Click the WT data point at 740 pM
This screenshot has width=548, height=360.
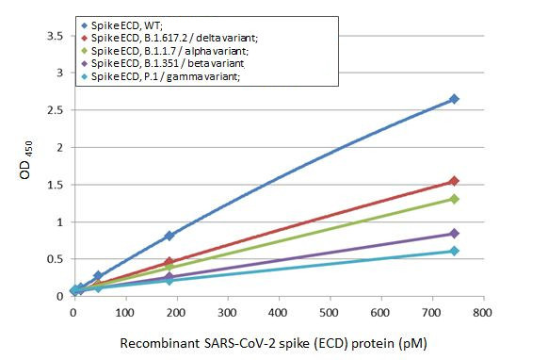click(x=454, y=99)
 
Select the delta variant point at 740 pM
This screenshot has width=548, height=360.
click(x=454, y=181)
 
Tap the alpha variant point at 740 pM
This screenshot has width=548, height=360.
click(x=454, y=199)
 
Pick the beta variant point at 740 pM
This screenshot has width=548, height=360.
click(x=454, y=234)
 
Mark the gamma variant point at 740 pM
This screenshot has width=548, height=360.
click(x=454, y=251)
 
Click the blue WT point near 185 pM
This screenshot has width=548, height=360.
click(x=169, y=236)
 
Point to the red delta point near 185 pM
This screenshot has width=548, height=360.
click(x=169, y=262)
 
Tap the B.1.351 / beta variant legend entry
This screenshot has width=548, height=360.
click(x=166, y=63)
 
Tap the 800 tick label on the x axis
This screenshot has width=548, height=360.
click(x=483, y=311)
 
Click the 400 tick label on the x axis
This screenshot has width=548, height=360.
click(x=278, y=311)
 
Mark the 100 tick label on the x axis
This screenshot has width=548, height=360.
click(x=124, y=311)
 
